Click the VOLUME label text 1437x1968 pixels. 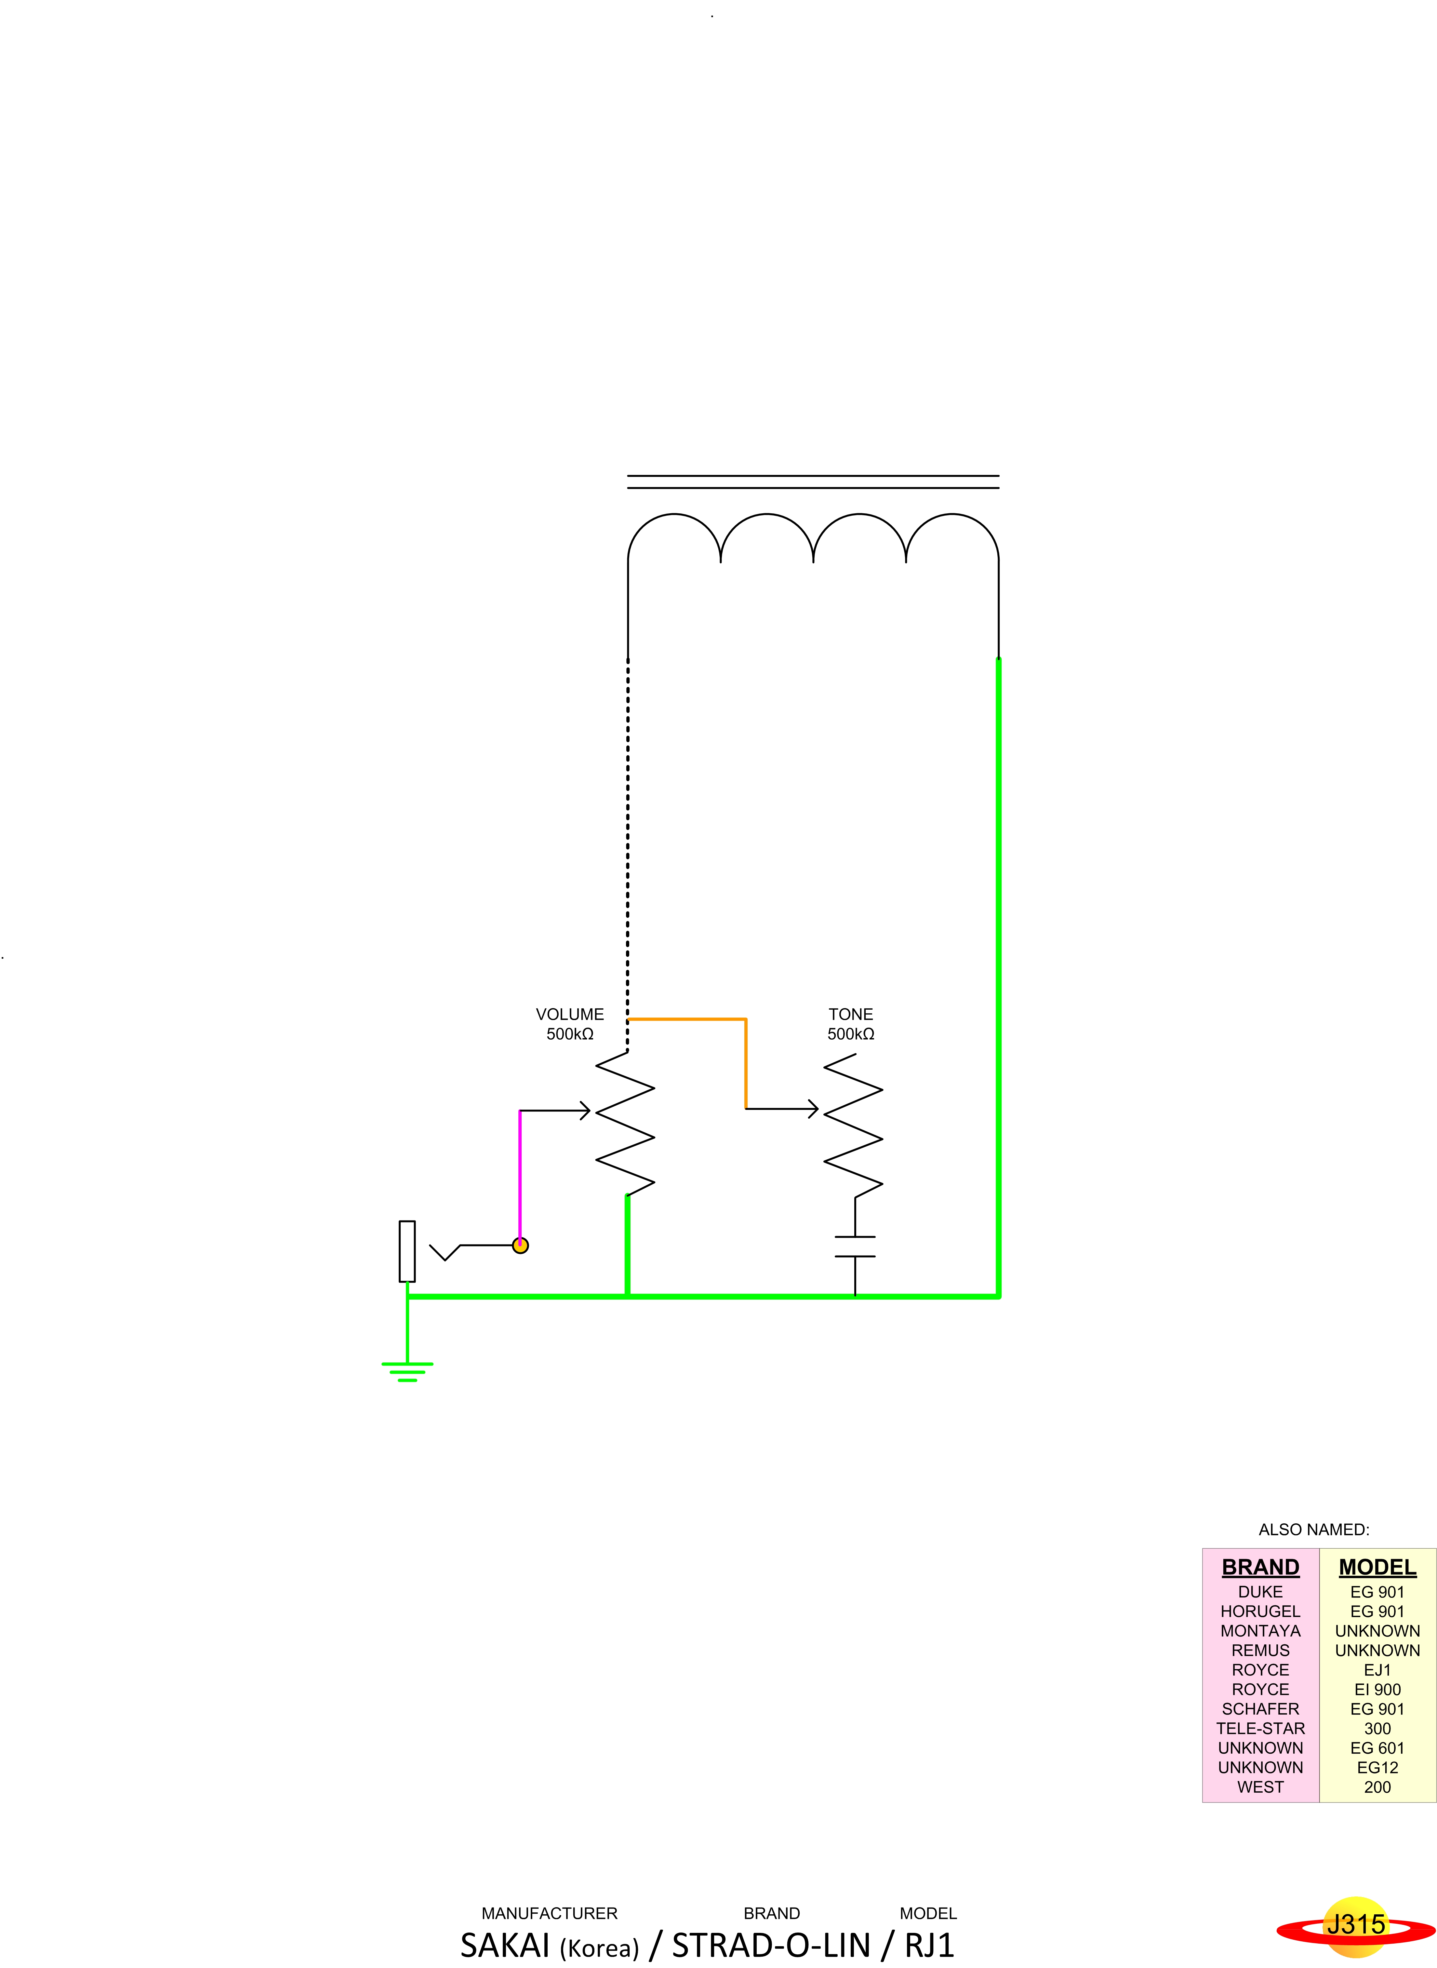coord(570,1015)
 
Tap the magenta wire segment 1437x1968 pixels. coord(520,1175)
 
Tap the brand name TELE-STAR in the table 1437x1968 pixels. coord(1260,1729)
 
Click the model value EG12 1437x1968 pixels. coord(1377,1768)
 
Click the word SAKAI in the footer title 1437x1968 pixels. coord(504,1945)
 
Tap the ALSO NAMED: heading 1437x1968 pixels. coord(1313,1530)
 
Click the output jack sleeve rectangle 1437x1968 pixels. coord(407,1251)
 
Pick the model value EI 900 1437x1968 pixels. coord(1377,1690)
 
